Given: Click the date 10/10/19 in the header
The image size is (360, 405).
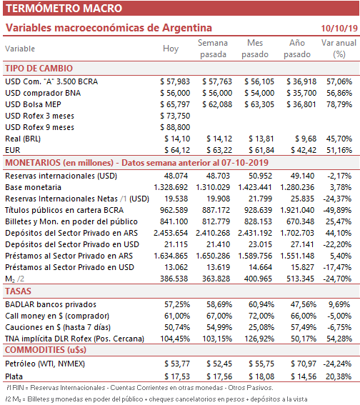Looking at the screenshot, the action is pyautogui.click(x=339, y=28).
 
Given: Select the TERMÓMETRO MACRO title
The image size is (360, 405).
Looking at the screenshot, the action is pyautogui.click(x=64, y=9).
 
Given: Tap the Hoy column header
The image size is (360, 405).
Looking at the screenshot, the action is pyautogui.click(x=171, y=49).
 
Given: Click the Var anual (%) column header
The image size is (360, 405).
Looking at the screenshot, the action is pyautogui.click(x=339, y=49).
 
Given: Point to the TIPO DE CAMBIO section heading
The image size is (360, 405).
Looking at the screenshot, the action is pyautogui.click(x=39, y=68).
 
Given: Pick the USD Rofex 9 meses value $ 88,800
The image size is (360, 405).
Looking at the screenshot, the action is pyautogui.click(x=175, y=127).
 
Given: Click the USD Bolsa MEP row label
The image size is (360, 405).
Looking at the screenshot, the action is pyautogui.click(x=33, y=104).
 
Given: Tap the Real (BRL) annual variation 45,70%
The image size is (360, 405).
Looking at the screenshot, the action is pyautogui.click(x=339, y=139).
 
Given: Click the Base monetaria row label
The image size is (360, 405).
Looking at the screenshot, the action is pyautogui.click(x=33, y=187).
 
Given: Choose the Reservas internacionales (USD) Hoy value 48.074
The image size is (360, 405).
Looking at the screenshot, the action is pyautogui.click(x=176, y=176).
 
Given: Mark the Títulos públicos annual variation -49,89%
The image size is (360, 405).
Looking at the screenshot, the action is pyautogui.click(x=337, y=210).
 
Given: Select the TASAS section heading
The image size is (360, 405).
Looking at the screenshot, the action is pyautogui.click(x=18, y=291).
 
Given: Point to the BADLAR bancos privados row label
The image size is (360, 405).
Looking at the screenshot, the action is pyautogui.click(x=51, y=304).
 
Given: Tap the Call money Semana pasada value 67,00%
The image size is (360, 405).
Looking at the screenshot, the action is pyautogui.click(x=219, y=316).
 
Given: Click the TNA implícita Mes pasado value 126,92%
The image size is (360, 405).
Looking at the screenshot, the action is pyautogui.click(x=259, y=339).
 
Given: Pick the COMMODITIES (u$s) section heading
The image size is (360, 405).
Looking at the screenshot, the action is pyautogui.click(x=46, y=350).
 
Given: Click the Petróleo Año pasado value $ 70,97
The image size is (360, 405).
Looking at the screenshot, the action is pyautogui.click(x=304, y=364).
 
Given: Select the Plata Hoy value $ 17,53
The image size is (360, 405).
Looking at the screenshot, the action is pyautogui.click(x=177, y=376).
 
